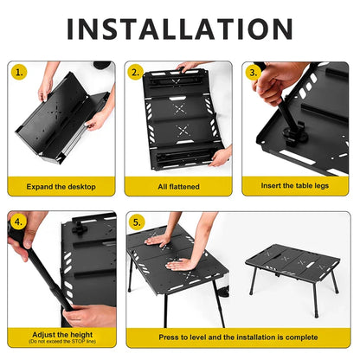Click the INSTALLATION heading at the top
(x=180, y=28)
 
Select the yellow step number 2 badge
(x=135, y=72)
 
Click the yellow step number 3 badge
(x=253, y=72)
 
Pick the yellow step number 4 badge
(x=18, y=222)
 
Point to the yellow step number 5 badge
(x=136, y=222)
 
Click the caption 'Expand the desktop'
(x=61, y=186)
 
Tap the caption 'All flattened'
(x=179, y=186)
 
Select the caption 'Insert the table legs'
(x=296, y=186)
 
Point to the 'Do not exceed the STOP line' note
(x=61, y=341)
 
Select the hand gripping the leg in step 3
(x=279, y=82)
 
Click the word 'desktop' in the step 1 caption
(x=80, y=186)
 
